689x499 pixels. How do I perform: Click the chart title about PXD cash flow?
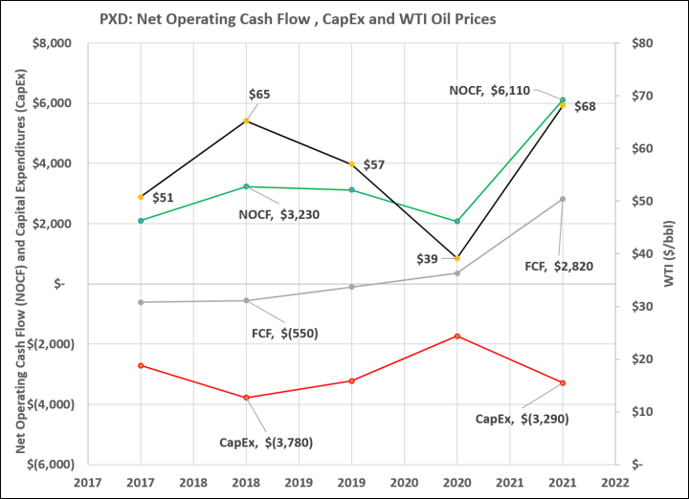[x=298, y=19]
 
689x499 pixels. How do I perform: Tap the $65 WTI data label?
[x=259, y=95]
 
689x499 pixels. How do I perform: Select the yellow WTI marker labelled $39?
[x=457, y=258]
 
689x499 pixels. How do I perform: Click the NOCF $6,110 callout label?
[x=490, y=91]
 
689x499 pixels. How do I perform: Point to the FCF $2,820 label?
[x=559, y=267]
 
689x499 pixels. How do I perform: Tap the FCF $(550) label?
[x=285, y=334]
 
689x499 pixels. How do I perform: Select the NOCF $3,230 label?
[x=279, y=215]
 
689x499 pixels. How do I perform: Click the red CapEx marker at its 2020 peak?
[x=457, y=336]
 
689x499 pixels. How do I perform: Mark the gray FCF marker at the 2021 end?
[x=563, y=199]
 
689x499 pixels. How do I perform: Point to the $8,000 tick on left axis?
[x=52, y=43]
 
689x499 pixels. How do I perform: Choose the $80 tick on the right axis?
[x=642, y=43]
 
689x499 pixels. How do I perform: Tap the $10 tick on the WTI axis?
[x=642, y=412]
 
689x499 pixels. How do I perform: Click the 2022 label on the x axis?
[x=615, y=483]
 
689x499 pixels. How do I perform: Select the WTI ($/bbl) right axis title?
[x=669, y=253]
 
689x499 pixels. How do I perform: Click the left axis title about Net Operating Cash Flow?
[x=21, y=261]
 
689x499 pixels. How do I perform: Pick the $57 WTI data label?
[x=374, y=165]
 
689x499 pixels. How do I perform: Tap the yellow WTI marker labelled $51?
[x=141, y=197]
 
